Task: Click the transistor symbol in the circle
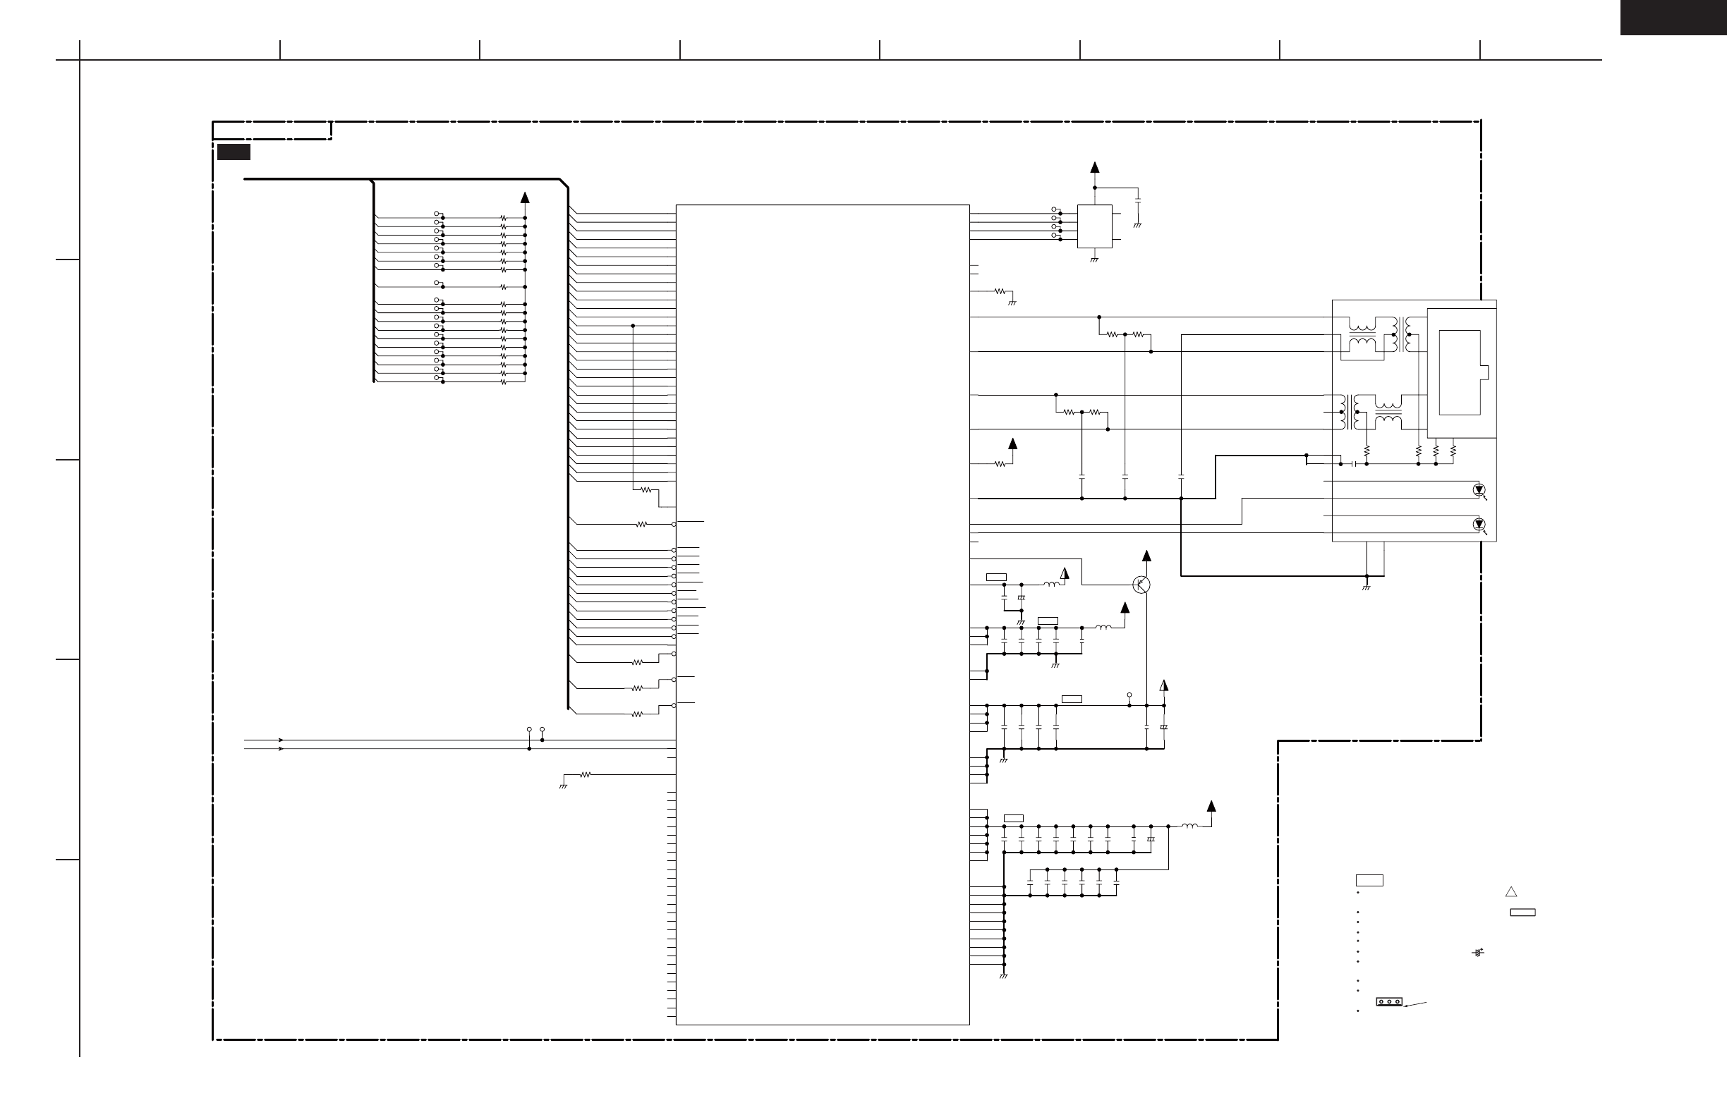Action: pyautogui.click(x=1141, y=585)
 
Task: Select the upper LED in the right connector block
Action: pyautogui.click(x=1479, y=490)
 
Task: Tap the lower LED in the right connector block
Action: pyautogui.click(x=1479, y=525)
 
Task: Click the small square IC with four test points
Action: pyautogui.click(x=1094, y=226)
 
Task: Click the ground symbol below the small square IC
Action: pyautogui.click(x=1094, y=259)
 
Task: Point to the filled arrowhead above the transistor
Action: pyautogui.click(x=1146, y=556)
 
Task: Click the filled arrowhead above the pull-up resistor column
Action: pyautogui.click(x=525, y=197)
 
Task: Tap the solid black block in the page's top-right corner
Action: pyautogui.click(x=1673, y=17)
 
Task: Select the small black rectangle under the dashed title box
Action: pyautogui.click(x=234, y=152)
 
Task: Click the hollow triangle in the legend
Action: pyautogui.click(x=1510, y=892)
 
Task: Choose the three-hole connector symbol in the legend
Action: pyautogui.click(x=1389, y=1001)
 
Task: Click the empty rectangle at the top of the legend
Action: pyautogui.click(x=1369, y=881)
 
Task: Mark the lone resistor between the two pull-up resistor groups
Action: pyautogui.click(x=503, y=287)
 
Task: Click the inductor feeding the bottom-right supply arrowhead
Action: pyautogui.click(x=1189, y=826)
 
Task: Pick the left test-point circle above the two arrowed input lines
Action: pyautogui.click(x=529, y=729)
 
